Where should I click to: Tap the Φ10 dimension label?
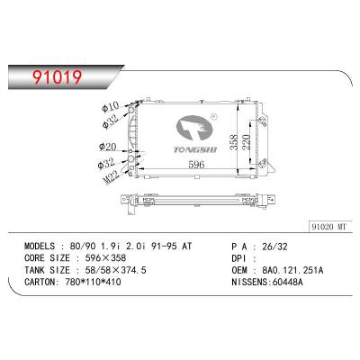[112, 106]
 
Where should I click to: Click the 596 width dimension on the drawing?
[183, 166]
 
